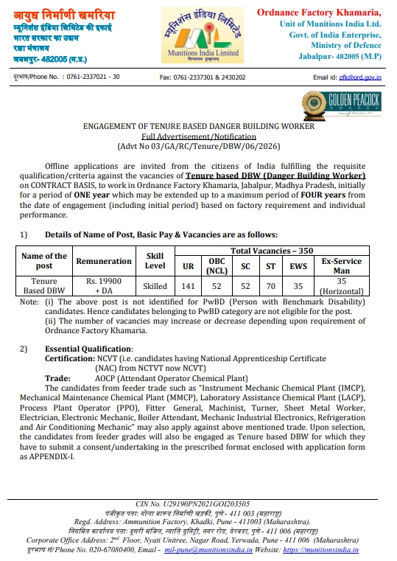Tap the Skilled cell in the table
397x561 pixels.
click(x=155, y=287)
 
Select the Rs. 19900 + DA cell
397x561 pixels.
click(x=104, y=287)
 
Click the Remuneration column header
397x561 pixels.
click(x=104, y=261)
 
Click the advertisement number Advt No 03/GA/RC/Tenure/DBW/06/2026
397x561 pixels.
click(x=198, y=146)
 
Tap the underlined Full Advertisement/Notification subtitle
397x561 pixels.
click(x=198, y=136)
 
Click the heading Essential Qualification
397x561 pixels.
click(x=88, y=348)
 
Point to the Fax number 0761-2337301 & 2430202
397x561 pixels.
click(x=203, y=77)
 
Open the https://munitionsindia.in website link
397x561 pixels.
click(x=320, y=549)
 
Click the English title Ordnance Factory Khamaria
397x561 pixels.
click(x=319, y=13)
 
